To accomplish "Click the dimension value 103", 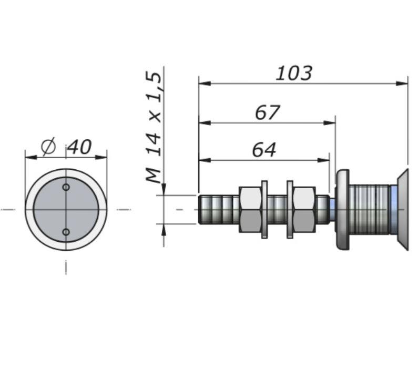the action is click(294, 73).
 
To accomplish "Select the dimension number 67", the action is click(268, 112).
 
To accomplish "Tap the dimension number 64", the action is click(264, 150).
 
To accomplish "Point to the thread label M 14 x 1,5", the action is click(154, 127).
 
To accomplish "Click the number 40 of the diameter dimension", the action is click(79, 147).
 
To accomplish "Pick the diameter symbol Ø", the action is click(48, 146).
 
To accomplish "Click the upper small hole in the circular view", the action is click(66, 187).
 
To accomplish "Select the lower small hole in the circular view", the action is click(66, 232).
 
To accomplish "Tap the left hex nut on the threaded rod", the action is click(250, 210).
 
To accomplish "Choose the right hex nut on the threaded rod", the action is click(304, 210).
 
